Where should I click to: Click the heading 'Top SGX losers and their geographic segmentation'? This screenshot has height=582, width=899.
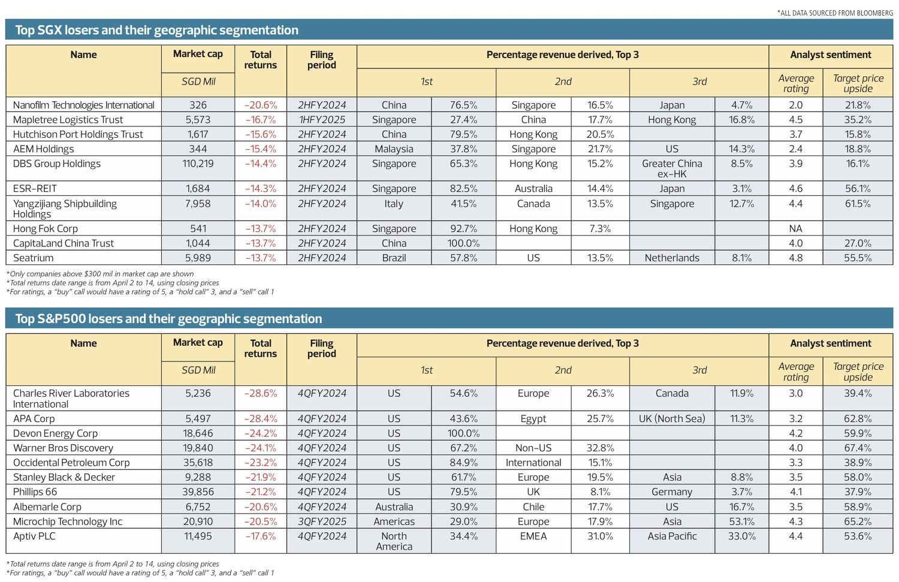[156, 30]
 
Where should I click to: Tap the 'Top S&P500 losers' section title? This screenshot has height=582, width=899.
[168, 319]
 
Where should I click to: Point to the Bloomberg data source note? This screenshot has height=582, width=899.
[835, 13]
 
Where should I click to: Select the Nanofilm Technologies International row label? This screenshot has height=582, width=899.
[83, 105]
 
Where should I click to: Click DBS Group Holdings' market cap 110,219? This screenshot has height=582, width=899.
[198, 164]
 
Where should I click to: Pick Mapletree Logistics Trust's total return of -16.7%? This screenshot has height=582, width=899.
[260, 120]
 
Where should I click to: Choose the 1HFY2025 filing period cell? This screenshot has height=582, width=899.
[322, 120]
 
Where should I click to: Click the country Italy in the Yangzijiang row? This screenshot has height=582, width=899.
[394, 204]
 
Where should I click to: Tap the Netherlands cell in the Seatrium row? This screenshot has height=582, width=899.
[672, 258]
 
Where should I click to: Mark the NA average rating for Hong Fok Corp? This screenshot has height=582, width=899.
[795, 228]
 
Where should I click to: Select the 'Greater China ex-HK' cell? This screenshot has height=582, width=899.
[672, 168]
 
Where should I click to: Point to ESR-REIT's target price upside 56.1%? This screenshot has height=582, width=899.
[858, 188]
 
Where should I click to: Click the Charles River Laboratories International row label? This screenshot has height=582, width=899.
[71, 399]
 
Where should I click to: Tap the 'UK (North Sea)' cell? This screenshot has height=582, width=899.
[672, 418]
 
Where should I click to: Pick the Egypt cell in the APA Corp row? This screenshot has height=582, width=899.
[533, 418]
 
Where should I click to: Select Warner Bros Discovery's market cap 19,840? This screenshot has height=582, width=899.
[198, 448]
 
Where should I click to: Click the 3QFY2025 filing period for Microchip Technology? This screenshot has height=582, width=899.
[322, 521]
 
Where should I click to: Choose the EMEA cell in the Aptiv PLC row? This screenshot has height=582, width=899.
[533, 536]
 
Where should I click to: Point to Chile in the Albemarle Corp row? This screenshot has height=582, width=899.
[533, 506]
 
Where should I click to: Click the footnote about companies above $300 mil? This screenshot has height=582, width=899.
[100, 274]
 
